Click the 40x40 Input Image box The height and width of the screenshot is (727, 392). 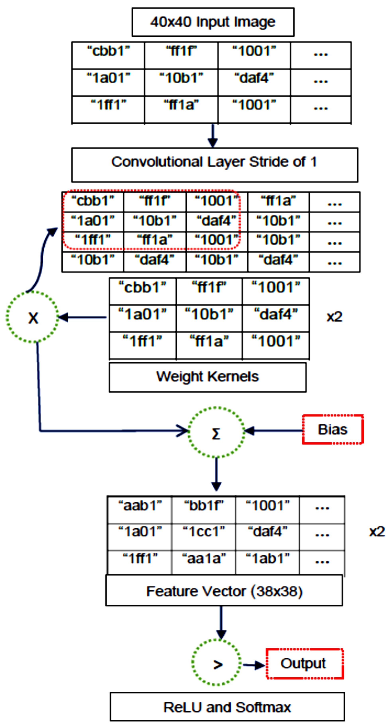[213, 22]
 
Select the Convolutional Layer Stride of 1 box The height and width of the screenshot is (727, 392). [214, 165]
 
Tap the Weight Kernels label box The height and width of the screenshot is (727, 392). [207, 377]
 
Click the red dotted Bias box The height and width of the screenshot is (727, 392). [333, 429]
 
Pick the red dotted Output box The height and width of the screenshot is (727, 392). [305, 664]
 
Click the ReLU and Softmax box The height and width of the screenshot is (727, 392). [227, 707]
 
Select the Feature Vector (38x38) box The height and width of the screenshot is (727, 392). [224, 591]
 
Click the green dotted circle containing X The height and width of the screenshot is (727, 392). [33, 317]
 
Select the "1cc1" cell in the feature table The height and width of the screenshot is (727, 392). [203, 532]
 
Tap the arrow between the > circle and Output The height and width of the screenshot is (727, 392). [253, 665]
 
